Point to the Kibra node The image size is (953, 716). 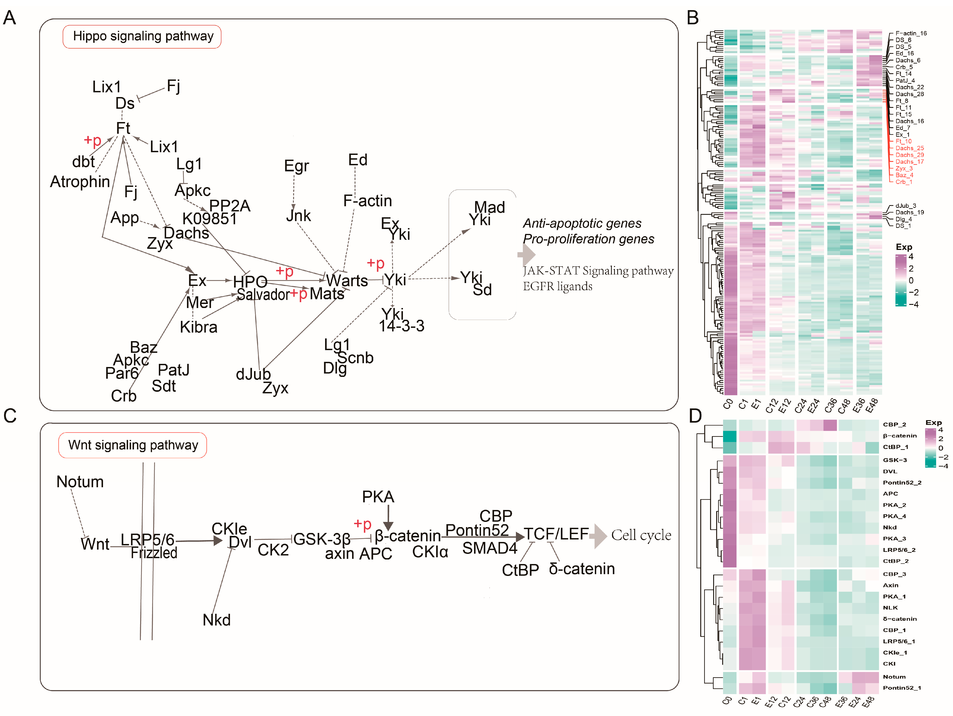pyautogui.click(x=199, y=327)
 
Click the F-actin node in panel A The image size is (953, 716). pyautogui.click(x=368, y=201)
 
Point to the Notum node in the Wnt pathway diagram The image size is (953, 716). pyautogui.click(x=80, y=482)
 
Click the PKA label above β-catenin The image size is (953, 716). pyautogui.click(x=378, y=497)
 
